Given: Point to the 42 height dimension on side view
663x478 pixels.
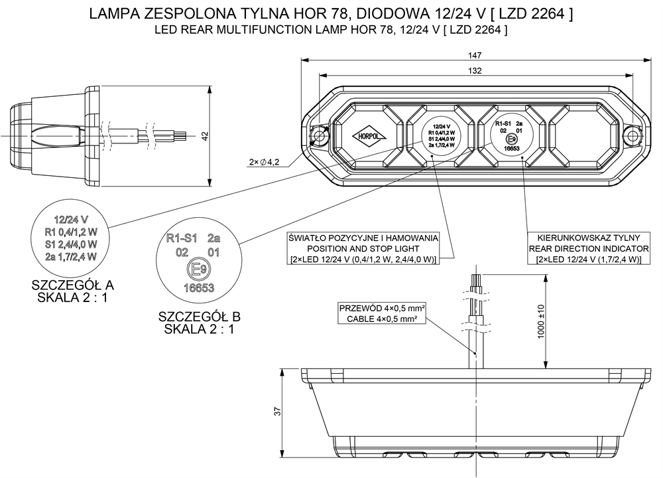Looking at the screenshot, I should [205, 135].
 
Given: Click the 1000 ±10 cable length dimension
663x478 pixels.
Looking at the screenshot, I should [540, 322].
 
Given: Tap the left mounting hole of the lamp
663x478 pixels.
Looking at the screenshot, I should [320, 136].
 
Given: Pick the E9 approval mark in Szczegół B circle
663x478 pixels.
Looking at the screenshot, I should [196, 269].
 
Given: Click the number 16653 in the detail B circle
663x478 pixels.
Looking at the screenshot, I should [196, 288].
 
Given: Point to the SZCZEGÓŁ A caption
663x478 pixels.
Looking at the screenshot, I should [73, 285].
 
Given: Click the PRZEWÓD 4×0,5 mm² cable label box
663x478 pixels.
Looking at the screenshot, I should [381, 313].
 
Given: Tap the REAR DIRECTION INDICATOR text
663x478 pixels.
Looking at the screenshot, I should [588, 248].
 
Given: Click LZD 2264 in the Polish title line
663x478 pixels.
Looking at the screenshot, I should [533, 14].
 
